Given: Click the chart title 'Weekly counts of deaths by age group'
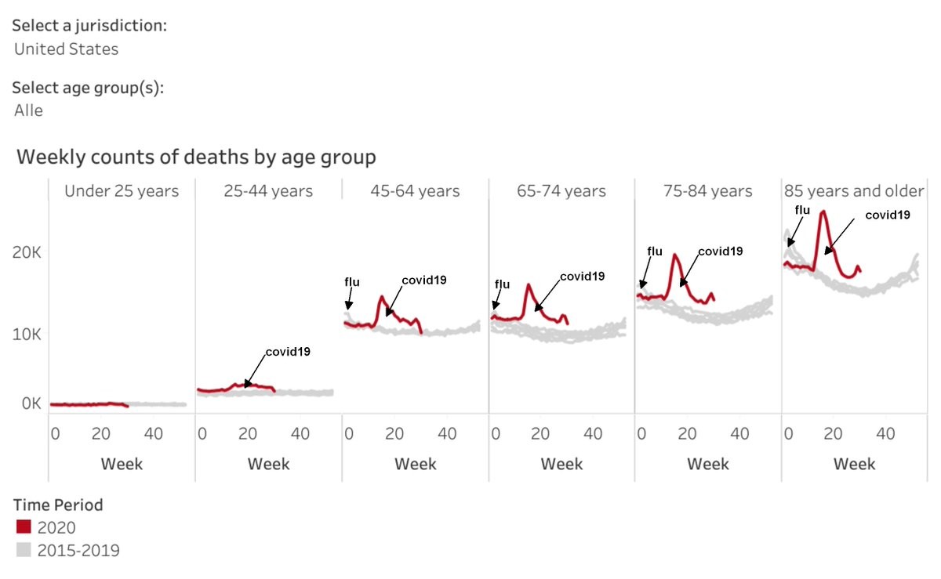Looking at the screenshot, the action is pyautogui.click(x=196, y=157).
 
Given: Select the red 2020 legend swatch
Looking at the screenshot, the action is pyautogui.click(x=24, y=527).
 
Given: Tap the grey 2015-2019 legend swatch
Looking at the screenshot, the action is pyautogui.click(x=24, y=549).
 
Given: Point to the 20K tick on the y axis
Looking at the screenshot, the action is pyautogui.click(x=27, y=252).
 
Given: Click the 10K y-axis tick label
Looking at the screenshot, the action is pyautogui.click(x=27, y=335).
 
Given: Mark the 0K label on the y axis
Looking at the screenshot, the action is pyautogui.click(x=31, y=403).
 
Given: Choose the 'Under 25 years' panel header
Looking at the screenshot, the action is pyautogui.click(x=122, y=191).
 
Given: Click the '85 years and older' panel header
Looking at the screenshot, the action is pyautogui.click(x=854, y=191).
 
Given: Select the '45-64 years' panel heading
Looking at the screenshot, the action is pyautogui.click(x=415, y=191).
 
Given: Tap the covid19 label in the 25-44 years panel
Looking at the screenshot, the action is pyautogui.click(x=288, y=352).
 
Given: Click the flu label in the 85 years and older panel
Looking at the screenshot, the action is pyautogui.click(x=802, y=210).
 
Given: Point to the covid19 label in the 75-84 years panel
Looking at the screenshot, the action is pyautogui.click(x=721, y=251).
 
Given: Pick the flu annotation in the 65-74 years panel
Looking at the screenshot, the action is pyautogui.click(x=502, y=284).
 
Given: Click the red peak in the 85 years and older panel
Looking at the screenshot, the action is pyautogui.click(x=823, y=212).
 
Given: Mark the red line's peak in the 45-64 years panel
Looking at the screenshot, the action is pyautogui.click(x=382, y=298).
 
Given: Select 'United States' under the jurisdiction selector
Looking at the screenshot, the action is pyautogui.click(x=67, y=49).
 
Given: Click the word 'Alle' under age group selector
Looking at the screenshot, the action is pyautogui.click(x=28, y=110).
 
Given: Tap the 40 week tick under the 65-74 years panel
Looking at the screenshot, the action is pyautogui.click(x=593, y=434).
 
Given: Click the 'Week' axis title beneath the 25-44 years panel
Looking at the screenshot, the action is pyautogui.click(x=268, y=464).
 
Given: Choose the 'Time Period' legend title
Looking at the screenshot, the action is pyautogui.click(x=58, y=505).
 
